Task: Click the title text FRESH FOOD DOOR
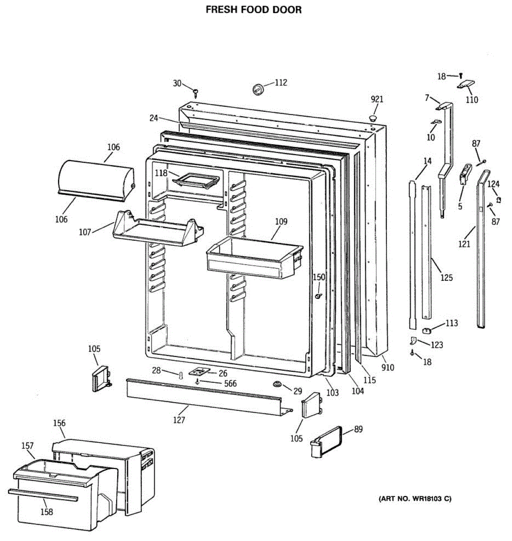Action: tap(254, 9)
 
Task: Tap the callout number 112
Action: tap(281, 83)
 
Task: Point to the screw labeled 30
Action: tap(196, 93)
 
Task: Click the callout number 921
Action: tap(377, 99)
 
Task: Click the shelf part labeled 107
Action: tap(158, 228)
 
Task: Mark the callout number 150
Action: tap(319, 277)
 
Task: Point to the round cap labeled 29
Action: tap(276, 384)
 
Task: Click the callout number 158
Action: tap(46, 512)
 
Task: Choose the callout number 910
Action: tap(387, 367)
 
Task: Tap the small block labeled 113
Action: tap(427, 330)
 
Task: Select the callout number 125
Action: tap(446, 278)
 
